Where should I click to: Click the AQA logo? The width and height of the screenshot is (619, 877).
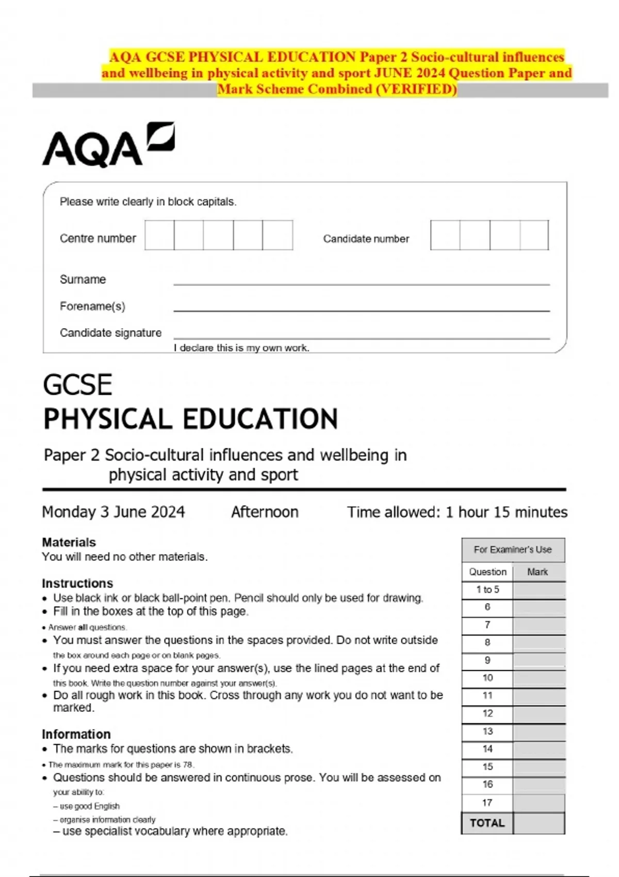pyautogui.click(x=108, y=145)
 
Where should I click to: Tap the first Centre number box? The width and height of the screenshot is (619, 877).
pyautogui.click(x=159, y=235)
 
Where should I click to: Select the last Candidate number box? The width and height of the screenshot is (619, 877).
pyautogui.click(x=534, y=235)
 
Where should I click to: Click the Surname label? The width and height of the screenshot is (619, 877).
pyautogui.click(x=83, y=280)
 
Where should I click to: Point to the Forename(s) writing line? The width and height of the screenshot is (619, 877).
pyautogui.click(x=361, y=310)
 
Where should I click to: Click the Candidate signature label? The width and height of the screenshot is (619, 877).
pyautogui.click(x=110, y=333)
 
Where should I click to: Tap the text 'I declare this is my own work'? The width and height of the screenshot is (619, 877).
pyautogui.click(x=241, y=348)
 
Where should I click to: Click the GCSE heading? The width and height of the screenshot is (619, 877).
pyautogui.click(x=77, y=385)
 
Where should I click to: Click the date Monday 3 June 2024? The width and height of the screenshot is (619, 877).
pyautogui.click(x=113, y=512)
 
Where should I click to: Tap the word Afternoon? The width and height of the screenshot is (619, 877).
pyautogui.click(x=265, y=512)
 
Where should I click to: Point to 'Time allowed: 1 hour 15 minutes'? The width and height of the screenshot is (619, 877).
pyautogui.click(x=457, y=512)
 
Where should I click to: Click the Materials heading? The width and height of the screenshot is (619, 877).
pyautogui.click(x=69, y=542)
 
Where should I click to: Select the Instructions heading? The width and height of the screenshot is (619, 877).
pyautogui.click(x=77, y=583)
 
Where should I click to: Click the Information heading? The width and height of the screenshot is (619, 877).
pyautogui.click(x=76, y=734)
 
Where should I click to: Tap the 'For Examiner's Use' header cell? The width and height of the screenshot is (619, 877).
pyautogui.click(x=513, y=550)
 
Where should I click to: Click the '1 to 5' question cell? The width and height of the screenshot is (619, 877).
pyautogui.click(x=487, y=590)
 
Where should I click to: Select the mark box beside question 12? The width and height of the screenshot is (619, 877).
pyautogui.click(x=539, y=714)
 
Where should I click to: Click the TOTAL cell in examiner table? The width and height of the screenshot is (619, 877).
pyautogui.click(x=487, y=823)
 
